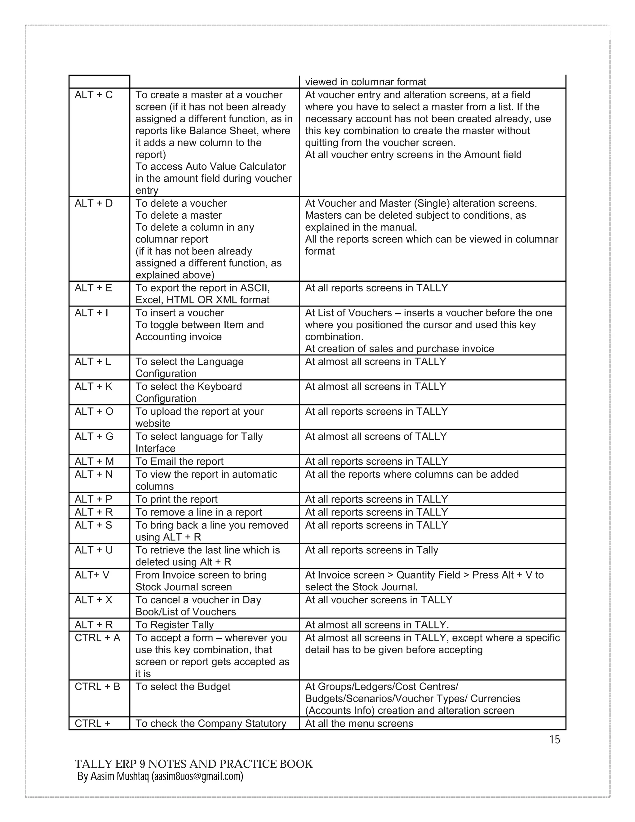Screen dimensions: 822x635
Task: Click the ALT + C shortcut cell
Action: pos(94,95)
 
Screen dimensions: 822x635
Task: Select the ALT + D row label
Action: pos(94,203)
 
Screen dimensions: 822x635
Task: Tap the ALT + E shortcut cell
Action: pos(93,288)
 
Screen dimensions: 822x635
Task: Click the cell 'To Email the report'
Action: pos(180,462)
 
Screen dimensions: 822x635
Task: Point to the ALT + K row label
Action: pos(93,386)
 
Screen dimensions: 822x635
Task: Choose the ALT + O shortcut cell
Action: pos(94,411)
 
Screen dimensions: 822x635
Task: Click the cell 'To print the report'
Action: pos(176,499)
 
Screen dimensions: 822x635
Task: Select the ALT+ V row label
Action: pos(92,575)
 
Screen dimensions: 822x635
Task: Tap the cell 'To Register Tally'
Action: pos(175,625)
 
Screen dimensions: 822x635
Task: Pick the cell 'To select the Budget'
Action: pos(183,686)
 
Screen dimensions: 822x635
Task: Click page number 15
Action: pos(554,740)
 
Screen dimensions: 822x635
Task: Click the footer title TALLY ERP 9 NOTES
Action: pos(193,764)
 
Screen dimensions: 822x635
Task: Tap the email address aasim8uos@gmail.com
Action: pos(197,776)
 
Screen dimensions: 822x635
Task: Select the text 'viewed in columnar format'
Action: pos(365,82)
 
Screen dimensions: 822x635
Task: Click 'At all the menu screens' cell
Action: pos(359,723)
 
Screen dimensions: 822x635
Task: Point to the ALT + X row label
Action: pos(93,600)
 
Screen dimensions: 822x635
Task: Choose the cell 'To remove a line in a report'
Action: pos(199,512)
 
